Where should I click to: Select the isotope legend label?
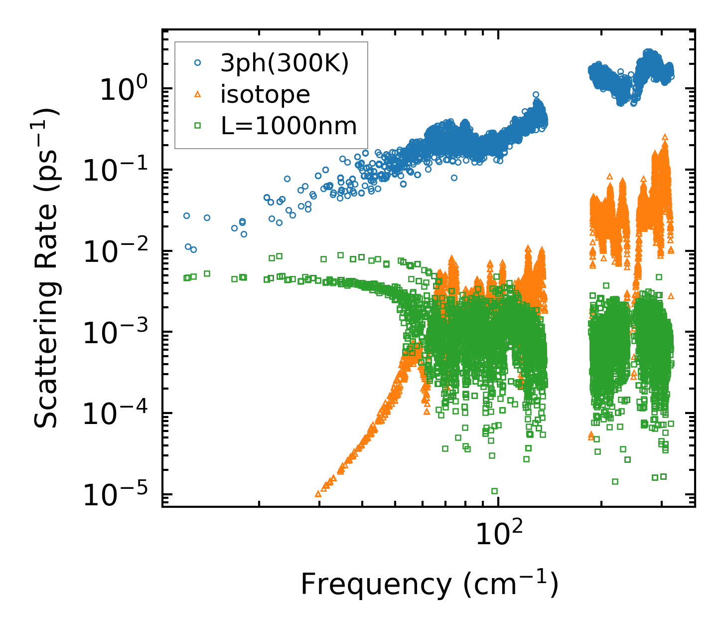pyautogui.click(x=265, y=94)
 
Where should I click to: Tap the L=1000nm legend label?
pyautogui.click(x=289, y=126)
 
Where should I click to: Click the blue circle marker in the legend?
pyautogui.click(x=197, y=63)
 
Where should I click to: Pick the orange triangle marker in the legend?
pyautogui.click(x=197, y=94)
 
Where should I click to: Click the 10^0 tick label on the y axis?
pyautogui.click(x=123, y=90)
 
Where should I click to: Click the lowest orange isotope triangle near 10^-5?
pyautogui.click(x=318, y=494)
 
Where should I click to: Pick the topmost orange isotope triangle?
pyautogui.click(x=665, y=136)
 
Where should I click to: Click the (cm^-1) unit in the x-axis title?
pyautogui.click(x=511, y=584)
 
